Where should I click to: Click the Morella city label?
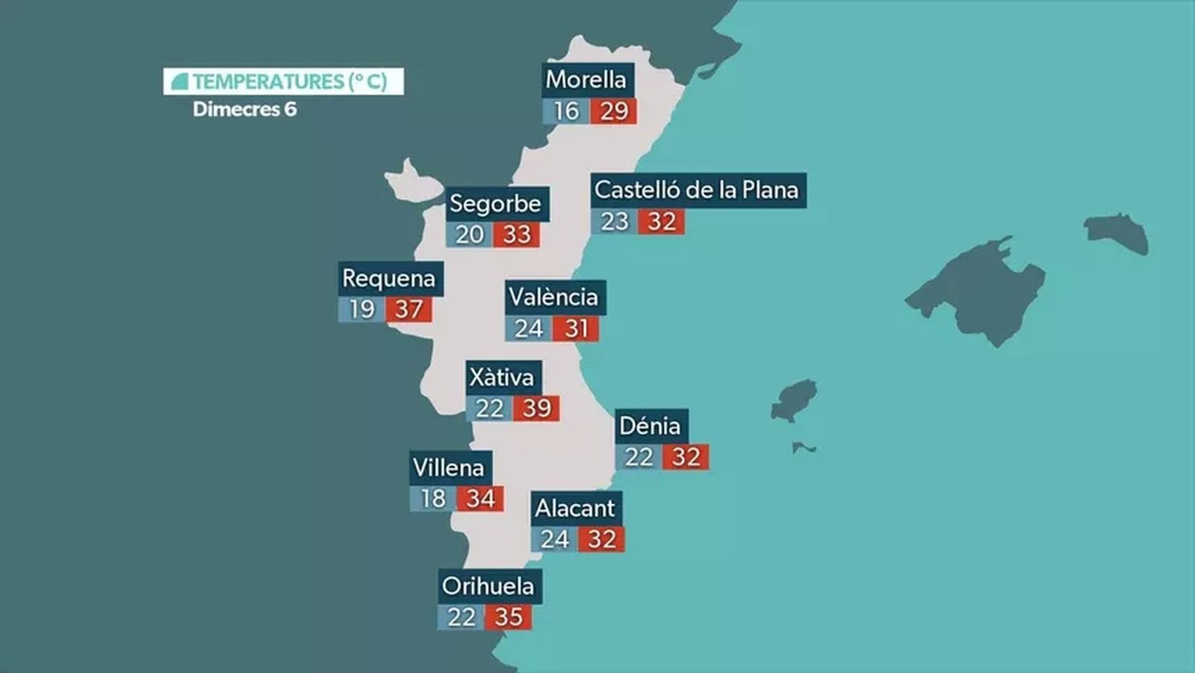pyautogui.click(x=586, y=79)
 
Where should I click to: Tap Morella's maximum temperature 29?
pyautogui.click(x=613, y=111)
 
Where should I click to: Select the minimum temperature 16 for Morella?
pyautogui.click(x=565, y=111)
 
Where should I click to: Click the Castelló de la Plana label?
pyautogui.click(x=697, y=190)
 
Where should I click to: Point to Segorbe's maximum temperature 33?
pyautogui.click(x=516, y=235)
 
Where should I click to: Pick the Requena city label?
pyautogui.click(x=389, y=279)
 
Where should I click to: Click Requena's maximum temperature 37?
pyautogui.click(x=409, y=309)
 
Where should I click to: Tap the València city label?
pyautogui.click(x=553, y=297)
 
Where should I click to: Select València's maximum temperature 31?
pyautogui.click(x=576, y=329)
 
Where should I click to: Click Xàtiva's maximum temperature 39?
pyautogui.click(x=536, y=409)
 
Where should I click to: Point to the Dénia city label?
pyautogui.click(x=651, y=426)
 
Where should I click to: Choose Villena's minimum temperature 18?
pyautogui.click(x=433, y=498)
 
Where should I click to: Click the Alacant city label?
pyautogui.click(x=575, y=509)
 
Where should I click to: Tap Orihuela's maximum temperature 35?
pyautogui.click(x=509, y=617)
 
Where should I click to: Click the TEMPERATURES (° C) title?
pyautogui.click(x=284, y=81)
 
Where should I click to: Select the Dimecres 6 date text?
pyautogui.click(x=245, y=109)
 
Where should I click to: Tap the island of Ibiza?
pyautogui.click(x=793, y=400)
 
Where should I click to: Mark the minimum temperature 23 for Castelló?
pyautogui.click(x=614, y=222)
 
